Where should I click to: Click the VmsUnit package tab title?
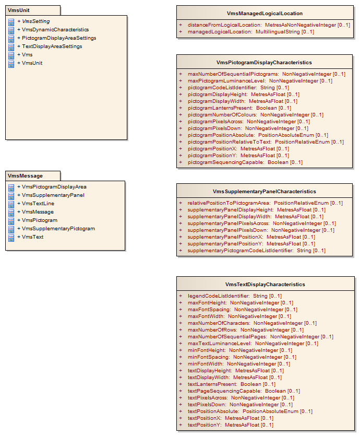[x=19, y=10]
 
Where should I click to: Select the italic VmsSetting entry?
[x=33, y=21]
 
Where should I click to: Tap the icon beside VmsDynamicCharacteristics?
[x=11, y=30]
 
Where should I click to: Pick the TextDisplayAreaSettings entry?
[x=50, y=46]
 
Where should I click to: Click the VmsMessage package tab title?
[x=25, y=176]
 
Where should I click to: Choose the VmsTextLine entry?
[x=36, y=204]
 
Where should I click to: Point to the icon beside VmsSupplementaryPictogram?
[x=11, y=229]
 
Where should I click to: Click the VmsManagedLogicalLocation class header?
[x=265, y=14]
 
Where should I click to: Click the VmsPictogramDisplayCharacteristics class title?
[x=264, y=63]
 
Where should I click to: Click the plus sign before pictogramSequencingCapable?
[x=181, y=162]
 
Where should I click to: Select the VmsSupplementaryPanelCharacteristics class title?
[x=265, y=192]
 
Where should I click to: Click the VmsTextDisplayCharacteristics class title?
[x=265, y=285]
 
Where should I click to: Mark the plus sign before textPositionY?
[x=181, y=425]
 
